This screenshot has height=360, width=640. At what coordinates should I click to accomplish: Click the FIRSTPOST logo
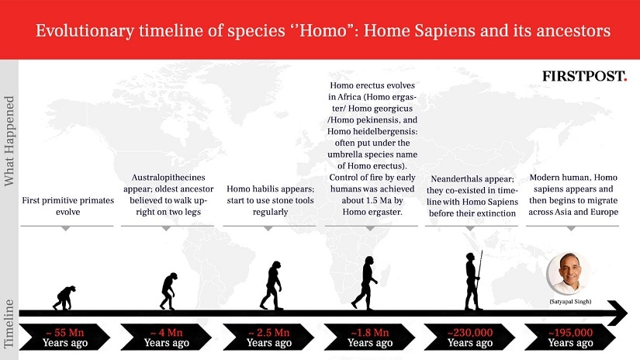click(x=584, y=76)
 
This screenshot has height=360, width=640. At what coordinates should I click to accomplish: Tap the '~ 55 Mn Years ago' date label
click(x=65, y=337)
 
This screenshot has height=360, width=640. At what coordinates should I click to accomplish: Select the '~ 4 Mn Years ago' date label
click(x=166, y=337)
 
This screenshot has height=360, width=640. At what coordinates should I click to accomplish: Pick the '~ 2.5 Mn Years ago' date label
click(x=269, y=337)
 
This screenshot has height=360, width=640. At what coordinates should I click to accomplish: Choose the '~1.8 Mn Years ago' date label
click(x=370, y=337)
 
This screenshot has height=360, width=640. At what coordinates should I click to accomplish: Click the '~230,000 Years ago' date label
click(x=470, y=337)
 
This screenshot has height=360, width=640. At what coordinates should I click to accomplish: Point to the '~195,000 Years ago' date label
click(x=570, y=337)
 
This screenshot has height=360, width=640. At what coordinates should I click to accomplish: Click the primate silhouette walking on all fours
click(x=64, y=298)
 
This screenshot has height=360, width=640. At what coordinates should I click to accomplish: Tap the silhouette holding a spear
click(x=473, y=281)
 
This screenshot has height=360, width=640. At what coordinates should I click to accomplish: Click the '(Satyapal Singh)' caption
click(x=570, y=302)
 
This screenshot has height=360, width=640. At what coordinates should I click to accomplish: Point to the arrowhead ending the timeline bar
click(x=618, y=313)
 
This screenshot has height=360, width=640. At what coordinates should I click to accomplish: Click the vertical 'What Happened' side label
click(x=9, y=141)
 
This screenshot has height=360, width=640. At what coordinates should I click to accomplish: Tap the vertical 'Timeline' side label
click(x=9, y=324)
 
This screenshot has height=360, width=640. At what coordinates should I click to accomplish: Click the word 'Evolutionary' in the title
click(x=85, y=31)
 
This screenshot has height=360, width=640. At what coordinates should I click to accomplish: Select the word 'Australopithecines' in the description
click(x=168, y=178)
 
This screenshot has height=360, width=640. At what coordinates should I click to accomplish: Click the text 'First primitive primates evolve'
click(x=67, y=206)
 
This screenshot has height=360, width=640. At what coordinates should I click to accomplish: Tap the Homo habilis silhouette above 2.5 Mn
click(x=272, y=286)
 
